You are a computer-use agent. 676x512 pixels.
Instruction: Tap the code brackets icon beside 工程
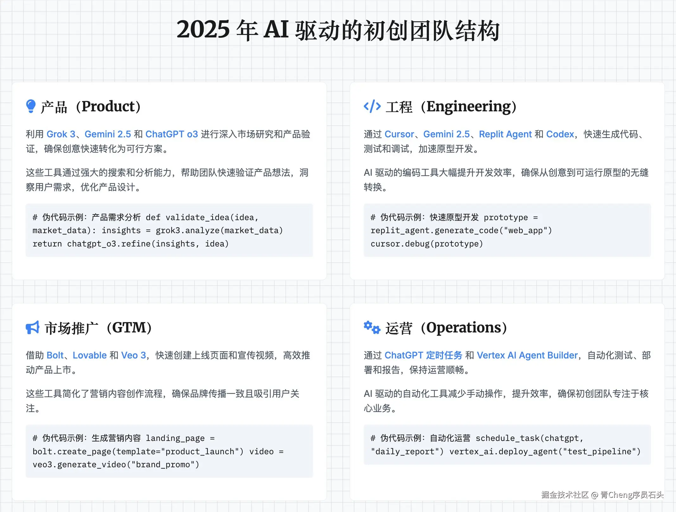(x=372, y=106)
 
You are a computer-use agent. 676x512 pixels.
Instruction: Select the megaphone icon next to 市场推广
(x=32, y=327)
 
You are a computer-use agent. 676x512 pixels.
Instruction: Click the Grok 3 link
(x=61, y=134)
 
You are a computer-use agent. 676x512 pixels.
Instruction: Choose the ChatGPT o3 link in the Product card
(x=171, y=134)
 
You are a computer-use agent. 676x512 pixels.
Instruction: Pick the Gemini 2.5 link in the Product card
(x=108, y=134)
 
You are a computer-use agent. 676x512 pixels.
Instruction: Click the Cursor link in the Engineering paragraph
(x=399, y=134)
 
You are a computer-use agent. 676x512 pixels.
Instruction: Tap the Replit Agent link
(x=505, y=134)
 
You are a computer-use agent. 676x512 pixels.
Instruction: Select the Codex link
(x=560, y=134)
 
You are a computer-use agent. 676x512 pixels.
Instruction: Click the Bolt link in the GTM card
(x=55, y=355)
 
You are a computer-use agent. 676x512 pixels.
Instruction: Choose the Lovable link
(x=90, y=355)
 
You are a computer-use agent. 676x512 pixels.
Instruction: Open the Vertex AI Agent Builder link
(x=527, y=355)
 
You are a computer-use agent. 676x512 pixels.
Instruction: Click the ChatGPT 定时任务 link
(x=423, y=355)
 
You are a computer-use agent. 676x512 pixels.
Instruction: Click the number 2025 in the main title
(x=203, y=30)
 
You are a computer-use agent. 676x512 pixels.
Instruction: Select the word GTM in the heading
(x=129, y=328)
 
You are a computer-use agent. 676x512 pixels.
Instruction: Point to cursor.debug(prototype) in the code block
(x=427, y=244)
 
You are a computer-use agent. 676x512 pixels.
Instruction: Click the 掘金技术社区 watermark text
(x=565, y=495)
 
